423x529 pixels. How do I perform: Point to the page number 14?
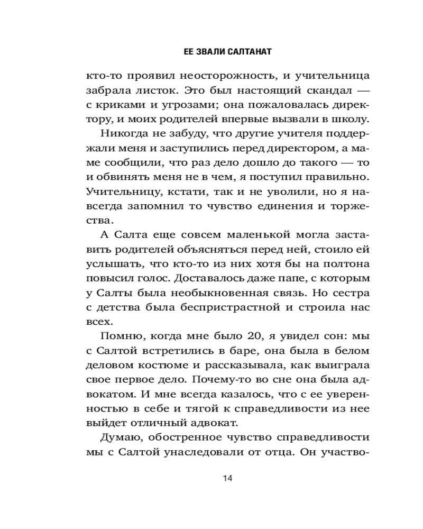pyautogui.click(x=228, y=479)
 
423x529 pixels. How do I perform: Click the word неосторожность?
pyautogui.click(x=200, y=75)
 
